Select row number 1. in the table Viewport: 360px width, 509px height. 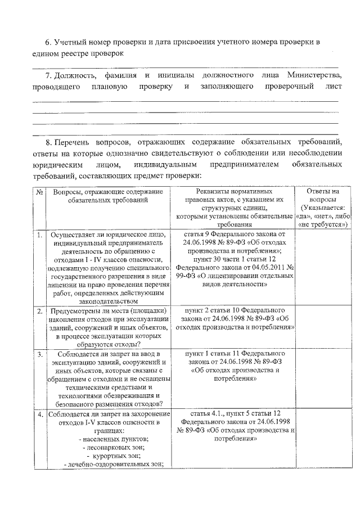pyautogui.click(x=39, y=235)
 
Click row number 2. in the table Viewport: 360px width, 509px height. pyautogui.click(x=39, y=310)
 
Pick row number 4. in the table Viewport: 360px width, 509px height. pyautogui.click(x=39, y=415)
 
